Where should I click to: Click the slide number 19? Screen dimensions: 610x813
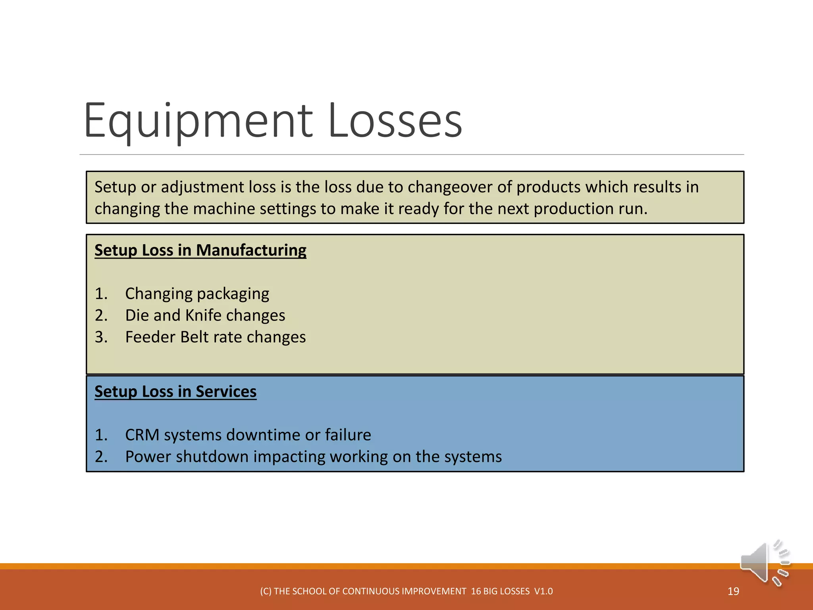(x=733, y=591)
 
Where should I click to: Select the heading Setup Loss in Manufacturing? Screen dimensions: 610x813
(x=200, y=250)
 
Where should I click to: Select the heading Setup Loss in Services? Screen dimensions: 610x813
(x=175, y=392)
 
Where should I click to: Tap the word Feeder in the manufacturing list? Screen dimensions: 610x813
(x=150, y=337)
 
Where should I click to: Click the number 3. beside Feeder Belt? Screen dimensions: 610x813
(x=101, y=337)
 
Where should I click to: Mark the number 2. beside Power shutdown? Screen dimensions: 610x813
(x=101, y=457)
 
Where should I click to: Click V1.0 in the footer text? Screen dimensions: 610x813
(x=543, y=591)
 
